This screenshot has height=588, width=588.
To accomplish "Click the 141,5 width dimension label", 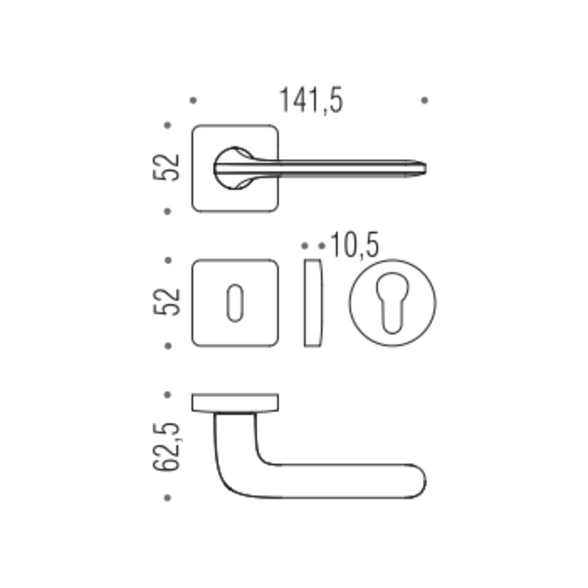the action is (x=311, y=100).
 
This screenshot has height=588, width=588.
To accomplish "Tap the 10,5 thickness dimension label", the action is (x=355, y=245).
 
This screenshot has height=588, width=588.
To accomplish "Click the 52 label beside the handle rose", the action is (x=166, y=168).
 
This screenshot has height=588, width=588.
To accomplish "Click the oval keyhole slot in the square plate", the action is (x=235, y=303).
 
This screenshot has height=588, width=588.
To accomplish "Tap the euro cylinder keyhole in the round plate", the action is (x=392, y=302).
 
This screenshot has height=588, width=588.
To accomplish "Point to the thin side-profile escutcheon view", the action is (x=313, y=303).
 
